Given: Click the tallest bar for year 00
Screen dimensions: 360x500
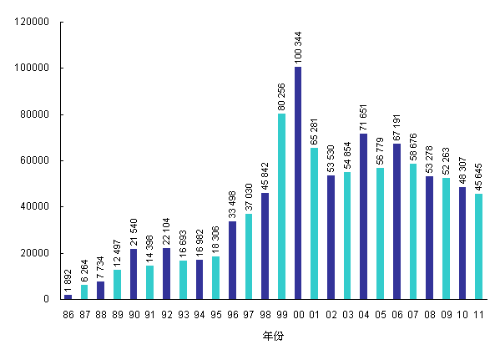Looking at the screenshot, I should (x=298, y=183).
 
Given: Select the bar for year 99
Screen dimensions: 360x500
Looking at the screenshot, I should (x=281, y=206).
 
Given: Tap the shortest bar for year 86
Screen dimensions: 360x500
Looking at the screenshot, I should (x=68, y=297).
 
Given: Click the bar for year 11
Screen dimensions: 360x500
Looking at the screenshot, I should (x=478, y=246).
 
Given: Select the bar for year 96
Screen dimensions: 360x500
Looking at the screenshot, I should (x=232, y=260).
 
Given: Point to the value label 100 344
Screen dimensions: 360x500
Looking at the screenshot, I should (x=298, y=46).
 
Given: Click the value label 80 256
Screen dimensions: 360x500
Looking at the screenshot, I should (x=281, y=93).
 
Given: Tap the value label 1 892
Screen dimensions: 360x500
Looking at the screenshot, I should (x=68, y=278).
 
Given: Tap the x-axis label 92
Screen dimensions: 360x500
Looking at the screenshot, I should (x=166, y=315).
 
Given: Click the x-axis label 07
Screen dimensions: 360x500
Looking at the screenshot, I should (x=412, y=315).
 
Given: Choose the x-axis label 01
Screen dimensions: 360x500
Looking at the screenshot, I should (x=314, y=315).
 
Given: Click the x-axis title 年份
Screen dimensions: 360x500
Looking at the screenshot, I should (x=273, y=335).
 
